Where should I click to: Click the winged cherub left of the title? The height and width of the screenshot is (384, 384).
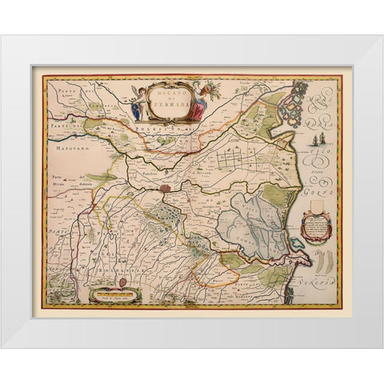pyautogui.click(x=139, y=102)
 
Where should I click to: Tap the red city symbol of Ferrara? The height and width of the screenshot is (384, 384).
pyautogui.click(x=166, y=190)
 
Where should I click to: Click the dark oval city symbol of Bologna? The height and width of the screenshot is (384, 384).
pyautogui.click(x=122, y=282)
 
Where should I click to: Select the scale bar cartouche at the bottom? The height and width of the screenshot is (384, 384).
pyautogui.click(x=115, y=295)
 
